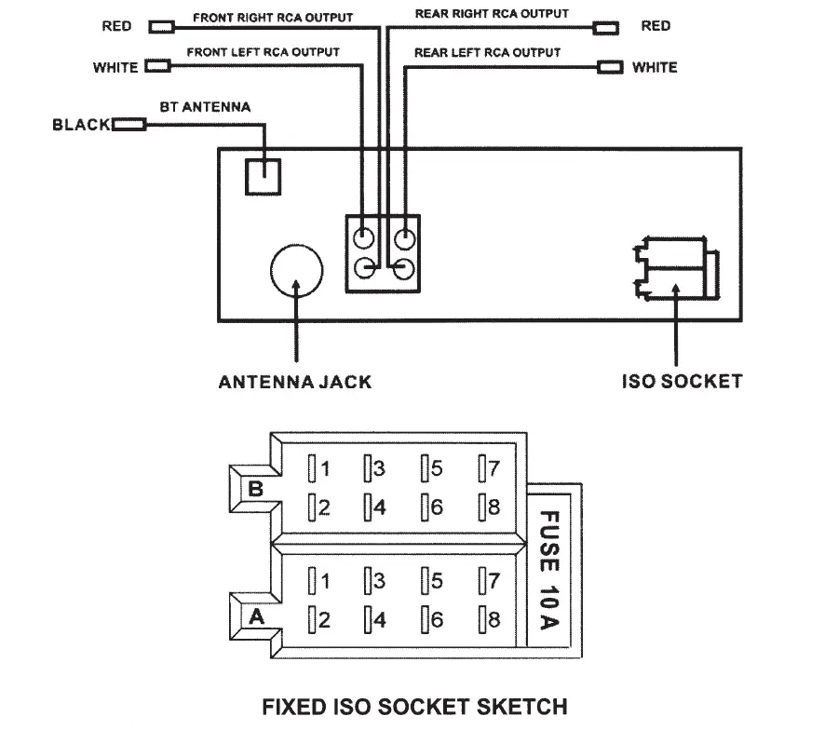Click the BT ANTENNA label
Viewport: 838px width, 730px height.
tap(205, 107)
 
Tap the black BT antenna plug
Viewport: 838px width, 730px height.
tap(128, 125)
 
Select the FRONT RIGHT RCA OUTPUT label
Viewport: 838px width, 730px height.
tap(273, 18)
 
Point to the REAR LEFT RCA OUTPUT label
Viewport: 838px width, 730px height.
tap(487, 52)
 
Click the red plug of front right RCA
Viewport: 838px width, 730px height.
tap(161, 27)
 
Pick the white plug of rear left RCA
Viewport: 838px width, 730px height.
tap(610, 67)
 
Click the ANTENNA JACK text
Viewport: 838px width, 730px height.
tap(295, 382)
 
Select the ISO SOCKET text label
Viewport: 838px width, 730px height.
tap(682, 382)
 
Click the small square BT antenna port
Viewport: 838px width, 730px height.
tap(263, 177)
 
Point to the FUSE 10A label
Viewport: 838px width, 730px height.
tap(549, 570)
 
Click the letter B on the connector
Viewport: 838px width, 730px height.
tap(256, 489)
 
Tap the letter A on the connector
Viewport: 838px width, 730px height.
tap(257, 616)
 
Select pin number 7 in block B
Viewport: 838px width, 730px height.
tap(493, 468)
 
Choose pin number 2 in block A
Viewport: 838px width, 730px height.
tap(324, 620)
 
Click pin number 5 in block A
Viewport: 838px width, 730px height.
tap(437, 581)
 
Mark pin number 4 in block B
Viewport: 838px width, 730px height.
tap(380, 507)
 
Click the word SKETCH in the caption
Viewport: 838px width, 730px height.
tap(521, 707)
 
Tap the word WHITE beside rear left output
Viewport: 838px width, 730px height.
tap(655, 67)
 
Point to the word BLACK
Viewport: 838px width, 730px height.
tap(81, 125)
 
